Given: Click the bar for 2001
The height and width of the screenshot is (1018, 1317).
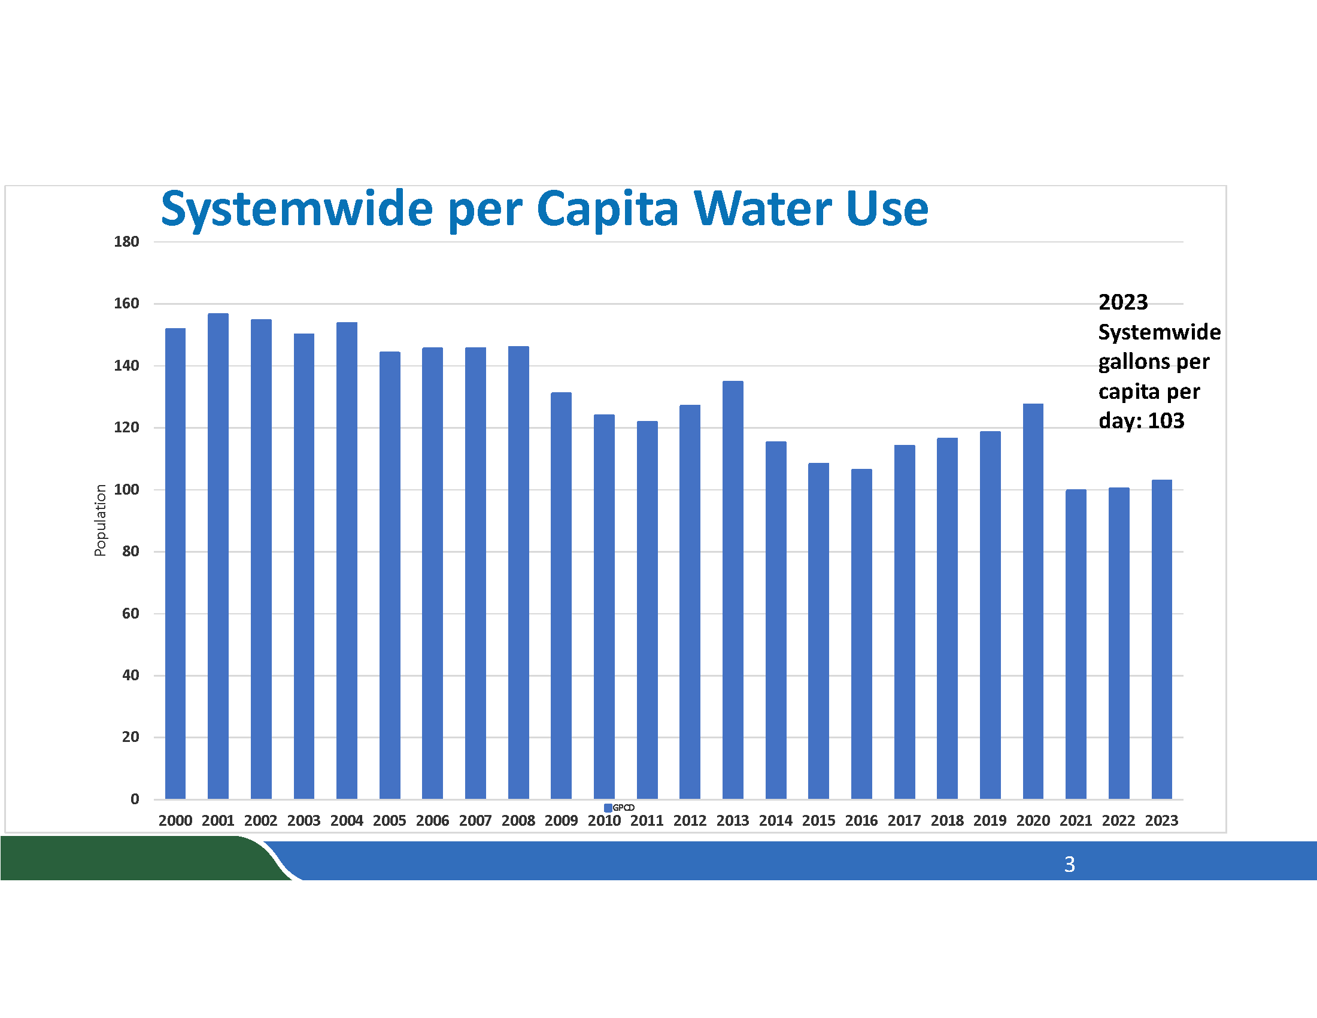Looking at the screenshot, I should coord(218,555).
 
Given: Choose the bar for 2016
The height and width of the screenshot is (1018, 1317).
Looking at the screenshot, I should coord(861,633).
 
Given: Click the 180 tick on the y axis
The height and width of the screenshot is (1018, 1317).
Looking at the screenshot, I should coord(127,242).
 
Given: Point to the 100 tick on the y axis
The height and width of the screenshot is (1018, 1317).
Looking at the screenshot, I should coord(127,490).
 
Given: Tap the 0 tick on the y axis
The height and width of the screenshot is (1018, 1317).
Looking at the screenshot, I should coord(135,799).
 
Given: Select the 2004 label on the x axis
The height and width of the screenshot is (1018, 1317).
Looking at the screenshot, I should coord(347,821).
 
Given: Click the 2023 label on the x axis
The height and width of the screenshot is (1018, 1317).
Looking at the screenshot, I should coord(1161,821).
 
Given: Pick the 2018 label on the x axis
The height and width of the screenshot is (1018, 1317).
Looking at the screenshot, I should coord(947,821).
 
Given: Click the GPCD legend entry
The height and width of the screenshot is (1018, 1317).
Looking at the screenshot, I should coord(620,808).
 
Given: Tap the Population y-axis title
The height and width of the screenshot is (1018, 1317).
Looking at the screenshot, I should coord(100,520).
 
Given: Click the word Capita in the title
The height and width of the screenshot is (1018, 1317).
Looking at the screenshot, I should coord(607,209).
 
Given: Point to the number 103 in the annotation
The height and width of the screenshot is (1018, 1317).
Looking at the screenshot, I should coord(1166,421).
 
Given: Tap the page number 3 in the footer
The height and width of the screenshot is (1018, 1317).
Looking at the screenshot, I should coord(1069,864).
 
